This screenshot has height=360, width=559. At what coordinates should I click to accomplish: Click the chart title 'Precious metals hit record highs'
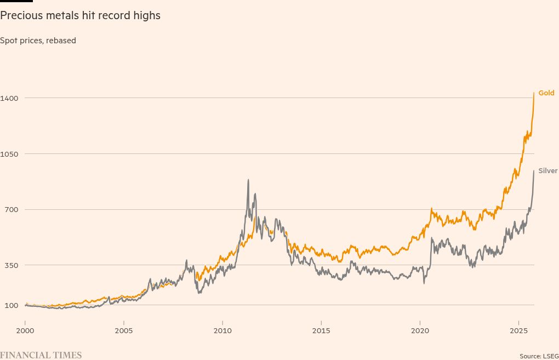[x=80, y=16]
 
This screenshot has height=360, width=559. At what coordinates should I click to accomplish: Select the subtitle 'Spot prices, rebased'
[x=38, y=41]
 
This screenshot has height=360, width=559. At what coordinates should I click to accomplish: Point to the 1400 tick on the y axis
[x=10, y=98]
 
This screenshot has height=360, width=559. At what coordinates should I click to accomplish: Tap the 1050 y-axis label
[x=10, y=154]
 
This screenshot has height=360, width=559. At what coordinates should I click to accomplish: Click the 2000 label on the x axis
[x=25, y=331]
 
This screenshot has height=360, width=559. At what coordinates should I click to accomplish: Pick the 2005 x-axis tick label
[x=124, y=331]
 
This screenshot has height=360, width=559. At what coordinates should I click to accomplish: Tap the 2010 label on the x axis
[x=223, y=331]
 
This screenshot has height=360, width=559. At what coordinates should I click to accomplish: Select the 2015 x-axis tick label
[x=321, y=331]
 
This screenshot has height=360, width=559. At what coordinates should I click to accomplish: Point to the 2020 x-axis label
[x=420, y=331]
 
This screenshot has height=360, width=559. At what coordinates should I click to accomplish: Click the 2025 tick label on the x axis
[x=518, y=331]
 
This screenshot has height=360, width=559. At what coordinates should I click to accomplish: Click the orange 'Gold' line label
[x=546, y=93]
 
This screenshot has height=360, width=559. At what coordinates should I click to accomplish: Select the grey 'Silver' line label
[x=548, y=171]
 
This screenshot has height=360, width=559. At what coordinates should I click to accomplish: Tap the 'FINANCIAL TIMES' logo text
[x=41, y=355]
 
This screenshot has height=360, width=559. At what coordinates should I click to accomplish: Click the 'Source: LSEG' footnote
[x=539, y=356]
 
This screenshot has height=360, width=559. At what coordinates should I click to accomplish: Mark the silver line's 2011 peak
[x=248, y=180]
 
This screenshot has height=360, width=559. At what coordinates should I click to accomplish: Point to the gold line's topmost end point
[x=534, y=93]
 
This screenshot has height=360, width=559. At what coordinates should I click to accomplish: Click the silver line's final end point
[x=534, y=171]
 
